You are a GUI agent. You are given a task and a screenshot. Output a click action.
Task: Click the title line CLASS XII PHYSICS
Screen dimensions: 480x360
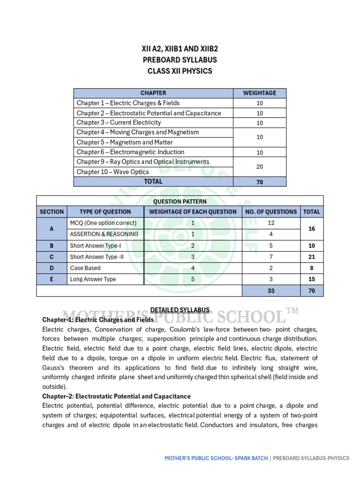click(180, 71)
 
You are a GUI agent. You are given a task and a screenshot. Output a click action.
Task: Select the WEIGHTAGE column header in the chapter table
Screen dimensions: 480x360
click(259, 93)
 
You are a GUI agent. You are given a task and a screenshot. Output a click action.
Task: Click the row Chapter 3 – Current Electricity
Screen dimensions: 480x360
click(119, 122)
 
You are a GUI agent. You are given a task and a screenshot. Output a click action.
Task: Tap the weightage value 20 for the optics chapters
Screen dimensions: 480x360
click(259, 167)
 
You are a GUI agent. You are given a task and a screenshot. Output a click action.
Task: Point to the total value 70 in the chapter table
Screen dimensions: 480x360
click(259, 182)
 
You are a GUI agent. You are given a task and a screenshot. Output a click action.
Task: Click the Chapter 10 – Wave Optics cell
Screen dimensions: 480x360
click(113, 172)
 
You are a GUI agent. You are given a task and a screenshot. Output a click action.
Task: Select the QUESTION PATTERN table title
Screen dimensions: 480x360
click(180, 201)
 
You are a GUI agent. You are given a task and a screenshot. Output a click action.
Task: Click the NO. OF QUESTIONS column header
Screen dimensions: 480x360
click(271, 211)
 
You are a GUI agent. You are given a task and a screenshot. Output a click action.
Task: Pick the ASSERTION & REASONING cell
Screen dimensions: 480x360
click(104, 234)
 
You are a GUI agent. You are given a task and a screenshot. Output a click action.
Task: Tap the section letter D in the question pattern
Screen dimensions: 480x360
click(52, 268)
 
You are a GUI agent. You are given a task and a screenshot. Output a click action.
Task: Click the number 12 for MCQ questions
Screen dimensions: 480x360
click(271, 223)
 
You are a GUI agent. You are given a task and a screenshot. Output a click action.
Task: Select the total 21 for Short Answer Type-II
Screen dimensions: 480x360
click(312, 257)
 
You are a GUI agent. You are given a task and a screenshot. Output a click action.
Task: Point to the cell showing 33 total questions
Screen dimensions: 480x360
click(271, 291)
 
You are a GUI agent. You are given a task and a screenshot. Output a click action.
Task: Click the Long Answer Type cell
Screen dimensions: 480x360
click(93, 279)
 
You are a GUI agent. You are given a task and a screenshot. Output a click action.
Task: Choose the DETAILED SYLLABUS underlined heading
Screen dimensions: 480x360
click(180, 310)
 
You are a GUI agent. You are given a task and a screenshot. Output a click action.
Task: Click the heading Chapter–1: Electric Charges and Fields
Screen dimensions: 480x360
click(98, 320)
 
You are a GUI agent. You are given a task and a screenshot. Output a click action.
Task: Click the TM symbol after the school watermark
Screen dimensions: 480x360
click(292, 311)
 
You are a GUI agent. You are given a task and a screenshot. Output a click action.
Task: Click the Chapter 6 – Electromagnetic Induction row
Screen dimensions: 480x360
click(130, 152)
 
